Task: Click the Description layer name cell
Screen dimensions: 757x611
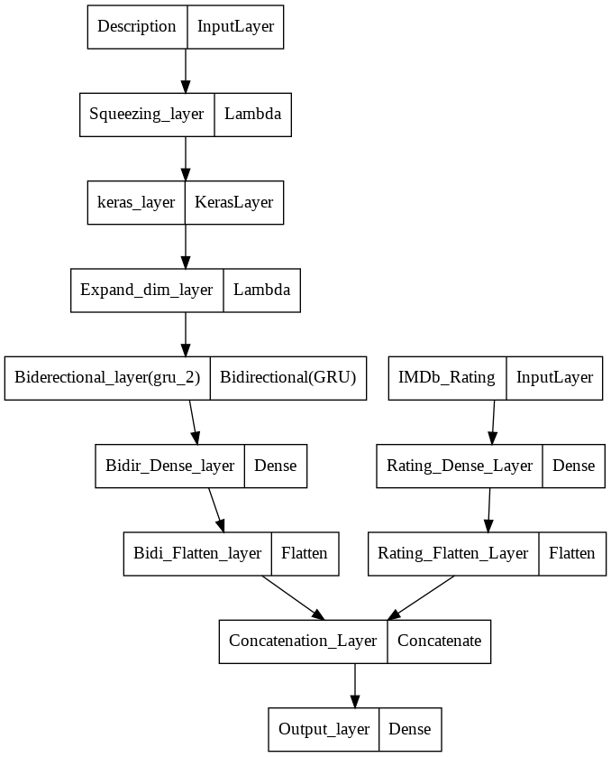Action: coord(137,25)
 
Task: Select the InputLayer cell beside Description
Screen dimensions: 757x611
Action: coord(235,25)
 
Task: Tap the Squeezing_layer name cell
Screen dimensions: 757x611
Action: coord(147,114)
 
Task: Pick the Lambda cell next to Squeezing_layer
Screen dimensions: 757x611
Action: coord(252,114)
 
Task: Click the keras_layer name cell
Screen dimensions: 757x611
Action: coord(136,202)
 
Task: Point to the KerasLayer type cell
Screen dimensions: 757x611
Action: coord(234,202)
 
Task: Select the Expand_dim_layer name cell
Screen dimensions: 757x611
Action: coord(147,290)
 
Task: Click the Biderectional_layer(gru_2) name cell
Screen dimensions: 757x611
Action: coord(107,377)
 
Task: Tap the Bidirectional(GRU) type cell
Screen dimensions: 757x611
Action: coord(288,377)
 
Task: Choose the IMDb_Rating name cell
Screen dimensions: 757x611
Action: coord(448,377)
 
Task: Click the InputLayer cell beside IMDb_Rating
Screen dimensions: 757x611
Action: coord(555,377)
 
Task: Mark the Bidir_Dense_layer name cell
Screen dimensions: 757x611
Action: coord(169,466)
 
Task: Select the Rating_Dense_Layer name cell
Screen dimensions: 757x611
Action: coord(460,466)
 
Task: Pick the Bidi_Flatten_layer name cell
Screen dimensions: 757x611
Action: coord(197,553)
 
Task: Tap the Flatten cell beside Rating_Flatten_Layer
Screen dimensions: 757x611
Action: coord(572,553)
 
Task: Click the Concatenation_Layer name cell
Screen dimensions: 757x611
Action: coord(303,642)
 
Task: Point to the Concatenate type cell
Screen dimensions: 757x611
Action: coord(440,642)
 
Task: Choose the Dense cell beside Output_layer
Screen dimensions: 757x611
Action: coord(410,729)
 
